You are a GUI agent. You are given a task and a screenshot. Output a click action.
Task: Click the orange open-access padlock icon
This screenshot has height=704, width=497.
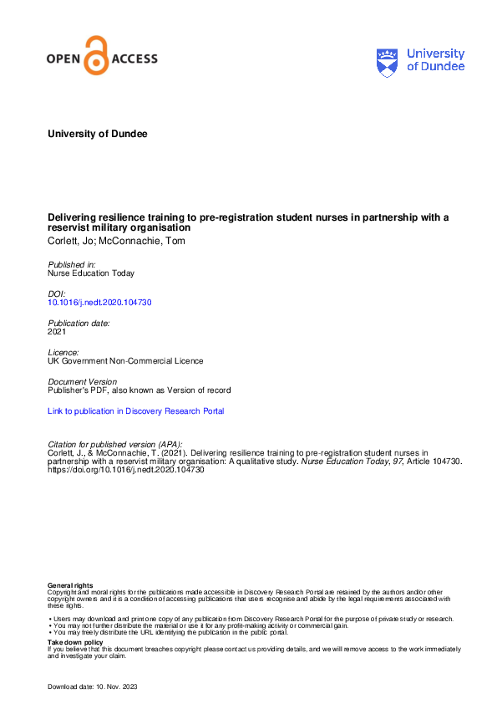[98, 56]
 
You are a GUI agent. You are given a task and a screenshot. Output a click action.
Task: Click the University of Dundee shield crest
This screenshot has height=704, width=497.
[388, 61]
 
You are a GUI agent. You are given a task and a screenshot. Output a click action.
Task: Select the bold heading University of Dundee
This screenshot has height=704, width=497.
[98, 134]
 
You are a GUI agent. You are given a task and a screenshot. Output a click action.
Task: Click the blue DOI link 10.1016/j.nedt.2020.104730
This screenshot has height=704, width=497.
[100, 302]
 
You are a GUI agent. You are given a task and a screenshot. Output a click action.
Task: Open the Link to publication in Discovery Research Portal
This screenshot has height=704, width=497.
[136, 411]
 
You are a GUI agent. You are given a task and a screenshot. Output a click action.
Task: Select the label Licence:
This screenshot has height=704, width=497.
[64, 352]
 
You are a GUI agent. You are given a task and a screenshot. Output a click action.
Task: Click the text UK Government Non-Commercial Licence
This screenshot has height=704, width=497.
[125, 361]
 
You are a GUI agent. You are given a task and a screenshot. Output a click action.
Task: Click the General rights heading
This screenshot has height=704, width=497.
[71, 585]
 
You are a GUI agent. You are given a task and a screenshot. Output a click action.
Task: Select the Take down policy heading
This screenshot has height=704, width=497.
[75, 642]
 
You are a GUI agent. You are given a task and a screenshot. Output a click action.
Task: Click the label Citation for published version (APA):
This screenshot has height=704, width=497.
[114, 443]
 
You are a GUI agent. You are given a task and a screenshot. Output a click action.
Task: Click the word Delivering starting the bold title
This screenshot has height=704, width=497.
[69, 217]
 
